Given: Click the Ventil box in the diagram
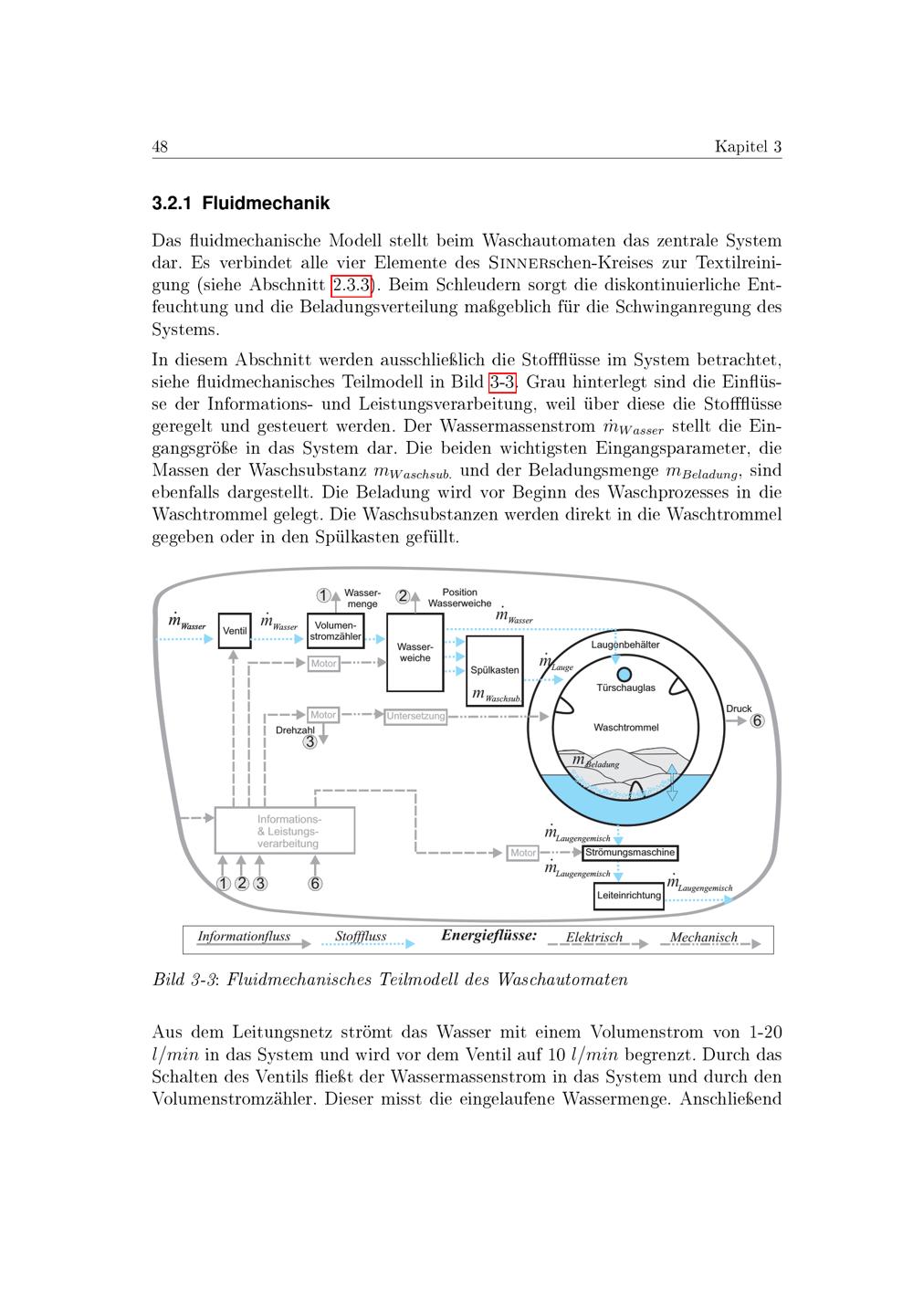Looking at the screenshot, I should (235, 631).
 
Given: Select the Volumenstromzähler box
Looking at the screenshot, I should (336, 631).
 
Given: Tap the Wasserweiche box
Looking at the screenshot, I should (415, 652).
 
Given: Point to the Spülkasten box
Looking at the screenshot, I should (495, 670).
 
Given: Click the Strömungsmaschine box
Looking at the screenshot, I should (630, 853).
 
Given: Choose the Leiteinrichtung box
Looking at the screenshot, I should (629, 896).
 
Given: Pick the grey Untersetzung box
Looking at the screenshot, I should (415, 716).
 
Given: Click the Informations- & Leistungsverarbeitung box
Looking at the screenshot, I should (284, 831).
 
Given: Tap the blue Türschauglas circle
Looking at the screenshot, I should (624, 674).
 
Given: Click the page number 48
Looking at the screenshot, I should (160, 147).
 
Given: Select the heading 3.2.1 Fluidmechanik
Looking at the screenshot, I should (241, 203).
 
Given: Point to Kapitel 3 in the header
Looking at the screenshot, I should (748, 147).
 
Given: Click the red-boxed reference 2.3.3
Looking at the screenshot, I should (352, 285).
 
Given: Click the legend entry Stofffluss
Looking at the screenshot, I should (361, 937).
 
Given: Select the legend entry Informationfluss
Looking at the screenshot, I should (244, 937).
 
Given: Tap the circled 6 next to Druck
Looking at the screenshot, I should (757, 721).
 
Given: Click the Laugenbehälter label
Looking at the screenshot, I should (625, 645).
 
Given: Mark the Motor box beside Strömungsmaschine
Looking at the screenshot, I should (523, 853).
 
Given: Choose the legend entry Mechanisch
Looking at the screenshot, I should (703, 938).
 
